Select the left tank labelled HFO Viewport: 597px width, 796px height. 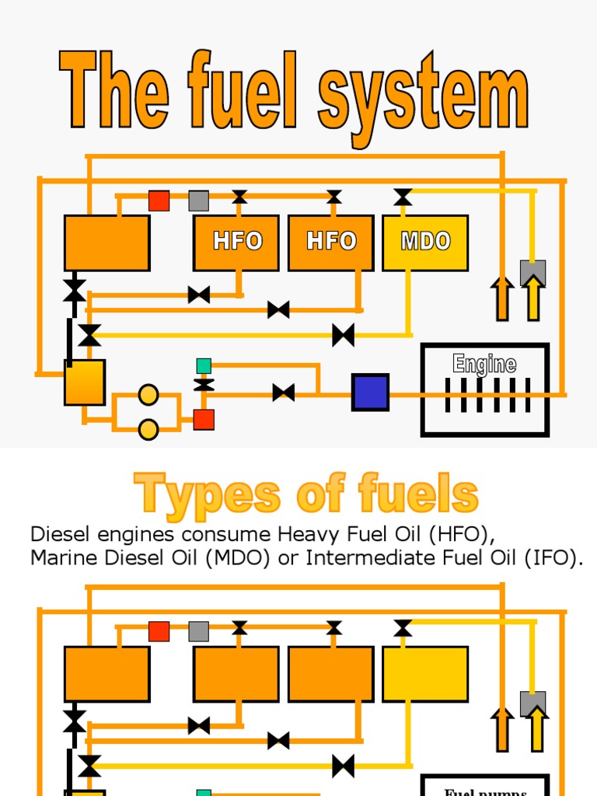236,242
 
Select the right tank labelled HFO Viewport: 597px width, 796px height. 331,242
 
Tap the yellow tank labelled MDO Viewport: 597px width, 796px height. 425,242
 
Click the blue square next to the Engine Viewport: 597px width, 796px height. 370,392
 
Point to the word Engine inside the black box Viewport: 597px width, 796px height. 485,364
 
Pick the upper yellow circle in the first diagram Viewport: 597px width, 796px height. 148,395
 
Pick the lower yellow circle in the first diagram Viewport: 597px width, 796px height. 148,429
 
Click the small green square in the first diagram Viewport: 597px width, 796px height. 204,365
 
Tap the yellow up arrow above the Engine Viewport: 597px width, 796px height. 533,299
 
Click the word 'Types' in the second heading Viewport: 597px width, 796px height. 206,495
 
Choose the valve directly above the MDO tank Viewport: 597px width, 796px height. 403,197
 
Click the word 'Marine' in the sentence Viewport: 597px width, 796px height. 62,558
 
